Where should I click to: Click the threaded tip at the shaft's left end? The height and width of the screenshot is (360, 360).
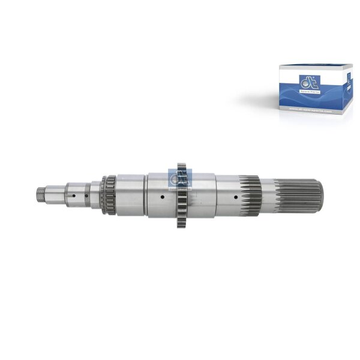pos(41,193)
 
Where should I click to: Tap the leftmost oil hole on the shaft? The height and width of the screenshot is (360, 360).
pos(74,194)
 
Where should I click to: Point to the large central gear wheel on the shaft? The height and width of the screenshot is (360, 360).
pos(181,194)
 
